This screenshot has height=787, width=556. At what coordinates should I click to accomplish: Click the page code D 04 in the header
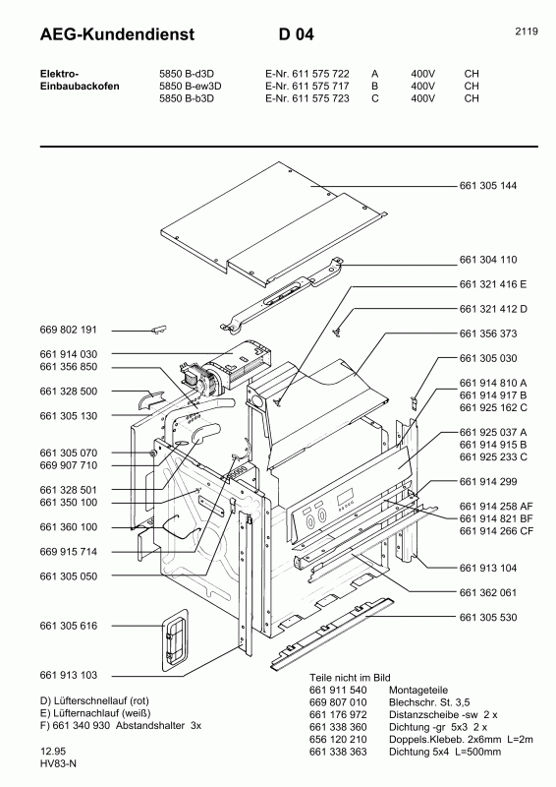pos(297,34)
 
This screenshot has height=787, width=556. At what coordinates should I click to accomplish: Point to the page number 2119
pos(526,31)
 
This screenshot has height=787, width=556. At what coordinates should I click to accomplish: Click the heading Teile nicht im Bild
pos(352,679)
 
